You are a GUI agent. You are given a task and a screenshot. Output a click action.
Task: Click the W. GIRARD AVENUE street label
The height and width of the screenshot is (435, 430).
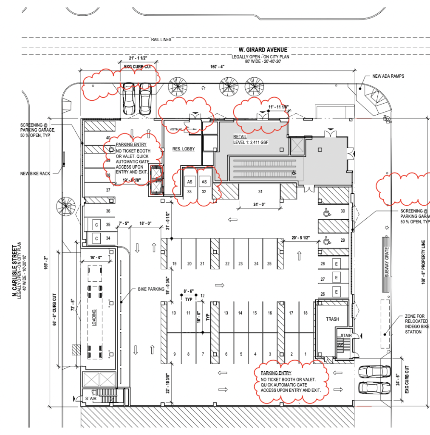tap(259, 50)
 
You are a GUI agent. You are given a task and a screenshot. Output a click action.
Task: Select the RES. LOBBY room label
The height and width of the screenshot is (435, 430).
tap(183, 149)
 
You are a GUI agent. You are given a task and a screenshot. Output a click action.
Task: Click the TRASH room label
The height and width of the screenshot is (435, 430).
tap(332, 319)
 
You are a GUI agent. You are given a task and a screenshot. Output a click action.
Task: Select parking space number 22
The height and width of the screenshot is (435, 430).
tap(227, 264)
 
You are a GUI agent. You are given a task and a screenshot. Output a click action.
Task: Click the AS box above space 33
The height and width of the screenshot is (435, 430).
tap(190, 182)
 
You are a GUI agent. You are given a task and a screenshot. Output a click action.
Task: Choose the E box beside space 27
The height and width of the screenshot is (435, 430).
tap(336, 278)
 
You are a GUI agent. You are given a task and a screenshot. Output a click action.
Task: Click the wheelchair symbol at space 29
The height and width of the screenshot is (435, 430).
tap(327, 241)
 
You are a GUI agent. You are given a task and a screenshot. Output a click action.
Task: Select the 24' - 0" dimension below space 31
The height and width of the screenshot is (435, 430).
tap(260, 204)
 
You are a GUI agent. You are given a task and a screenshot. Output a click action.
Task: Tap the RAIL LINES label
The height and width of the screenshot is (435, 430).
tap(161, 40)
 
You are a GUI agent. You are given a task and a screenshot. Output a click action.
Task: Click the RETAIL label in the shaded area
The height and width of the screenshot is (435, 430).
tap(240, 137)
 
